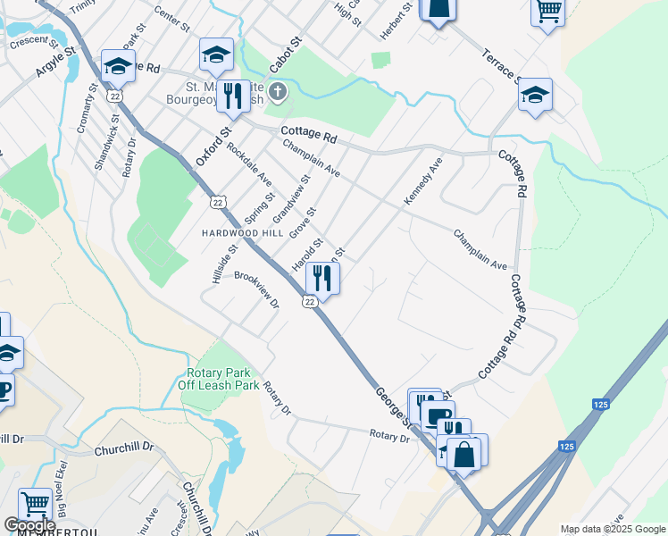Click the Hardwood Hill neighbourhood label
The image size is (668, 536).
point(242,232)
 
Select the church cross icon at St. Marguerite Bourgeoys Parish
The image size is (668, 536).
point(278,91)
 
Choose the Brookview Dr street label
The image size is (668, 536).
point(257,289)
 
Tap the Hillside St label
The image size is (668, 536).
point(225,265)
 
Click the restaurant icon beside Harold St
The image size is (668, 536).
point(322,279)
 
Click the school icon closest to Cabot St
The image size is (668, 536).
point(216,55)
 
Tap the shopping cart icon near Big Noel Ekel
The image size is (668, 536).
point(36,504)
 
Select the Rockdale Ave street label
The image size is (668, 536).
point(249,164)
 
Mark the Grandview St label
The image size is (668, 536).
point(291,199)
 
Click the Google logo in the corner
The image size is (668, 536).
point(30,525)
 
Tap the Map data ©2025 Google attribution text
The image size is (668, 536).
point(613,529)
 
